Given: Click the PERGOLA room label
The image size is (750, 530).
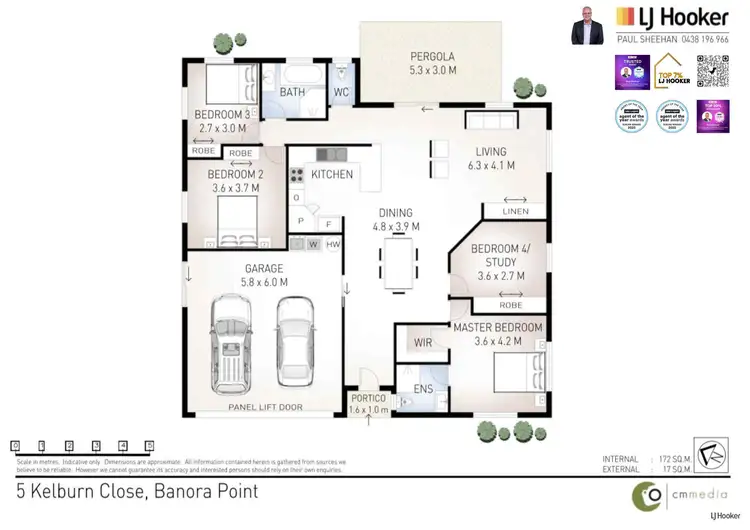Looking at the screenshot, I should pyautogui.click(x=433, y=56).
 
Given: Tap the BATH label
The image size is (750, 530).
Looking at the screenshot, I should pyautogui.click(x=292, y=92).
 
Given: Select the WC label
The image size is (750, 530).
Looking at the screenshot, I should pyautogui.click(x=341, y=92).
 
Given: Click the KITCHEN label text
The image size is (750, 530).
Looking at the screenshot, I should pyautogui.click(x=331, y=174).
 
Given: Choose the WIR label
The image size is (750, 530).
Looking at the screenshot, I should pyautogui.click(x=422, y=343).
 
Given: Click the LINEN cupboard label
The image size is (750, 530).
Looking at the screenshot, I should pyautogui.click(x=516, y=211).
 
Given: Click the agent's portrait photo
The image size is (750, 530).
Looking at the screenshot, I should pyautogui.click(x=588, y=25).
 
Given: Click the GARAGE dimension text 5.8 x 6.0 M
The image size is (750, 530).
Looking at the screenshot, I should pyautogui.click(x=266, y=282).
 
